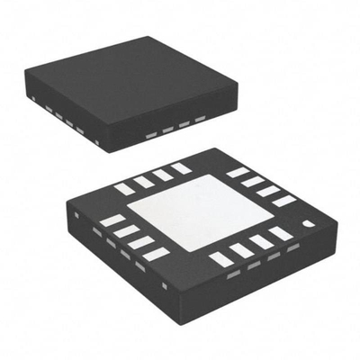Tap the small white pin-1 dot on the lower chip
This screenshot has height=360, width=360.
(307, 221)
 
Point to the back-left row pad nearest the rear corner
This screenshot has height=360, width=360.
(183, 168)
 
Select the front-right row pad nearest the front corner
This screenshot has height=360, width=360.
(220, 260)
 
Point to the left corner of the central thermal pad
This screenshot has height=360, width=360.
(127, 213)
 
